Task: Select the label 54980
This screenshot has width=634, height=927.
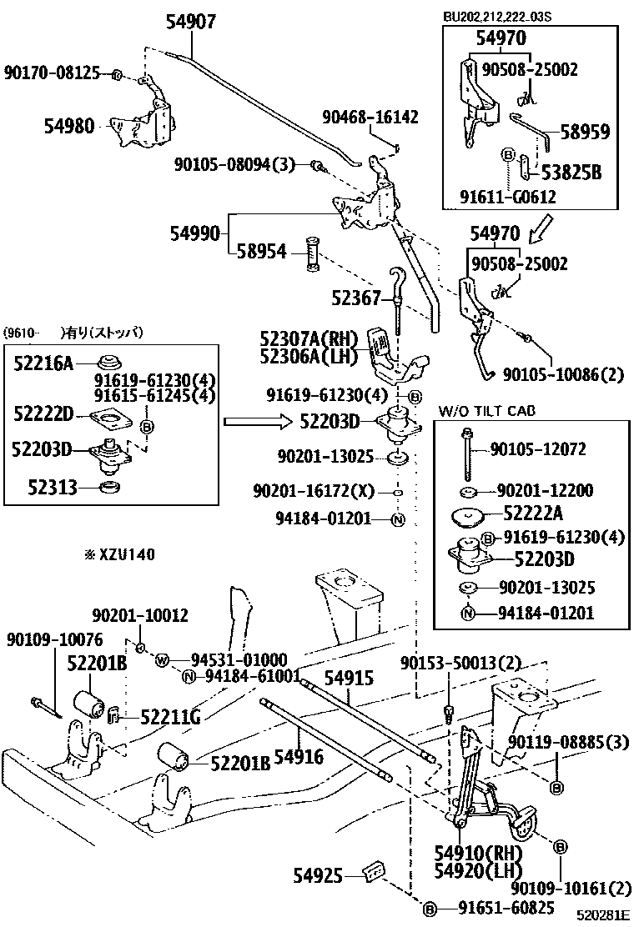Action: click(69, 126)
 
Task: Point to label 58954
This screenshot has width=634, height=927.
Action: click(261, 251)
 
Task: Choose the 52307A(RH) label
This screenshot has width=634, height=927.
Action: click(308, 339)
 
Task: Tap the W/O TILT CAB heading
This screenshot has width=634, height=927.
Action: click(487, 411)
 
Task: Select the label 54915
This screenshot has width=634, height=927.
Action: click(349, 679)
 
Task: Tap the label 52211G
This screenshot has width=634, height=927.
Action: click(170, 717)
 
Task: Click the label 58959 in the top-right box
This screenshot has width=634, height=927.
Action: click(585, 132)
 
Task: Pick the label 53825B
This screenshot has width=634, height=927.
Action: click(571, 173)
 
